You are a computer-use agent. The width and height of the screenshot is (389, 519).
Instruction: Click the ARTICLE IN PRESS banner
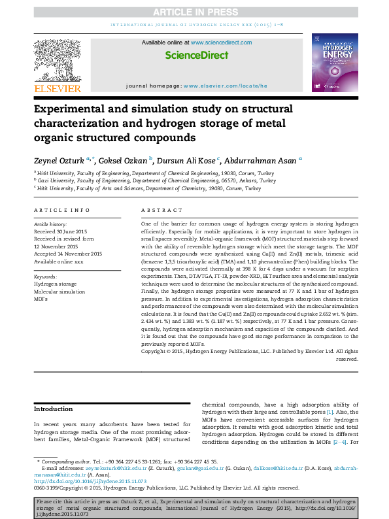[195, 12]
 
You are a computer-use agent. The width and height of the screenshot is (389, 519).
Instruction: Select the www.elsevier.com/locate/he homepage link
[225, 86]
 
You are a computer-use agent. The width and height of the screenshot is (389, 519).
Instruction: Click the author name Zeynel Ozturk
[58, 159]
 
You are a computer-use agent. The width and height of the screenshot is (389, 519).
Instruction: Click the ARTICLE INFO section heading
[62, 210]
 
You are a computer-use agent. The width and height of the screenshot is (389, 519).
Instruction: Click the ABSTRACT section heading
[161, 210]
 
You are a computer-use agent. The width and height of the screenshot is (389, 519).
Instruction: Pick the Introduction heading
[54, 409]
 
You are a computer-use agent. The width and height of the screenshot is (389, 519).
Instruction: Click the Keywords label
[46, 277]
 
